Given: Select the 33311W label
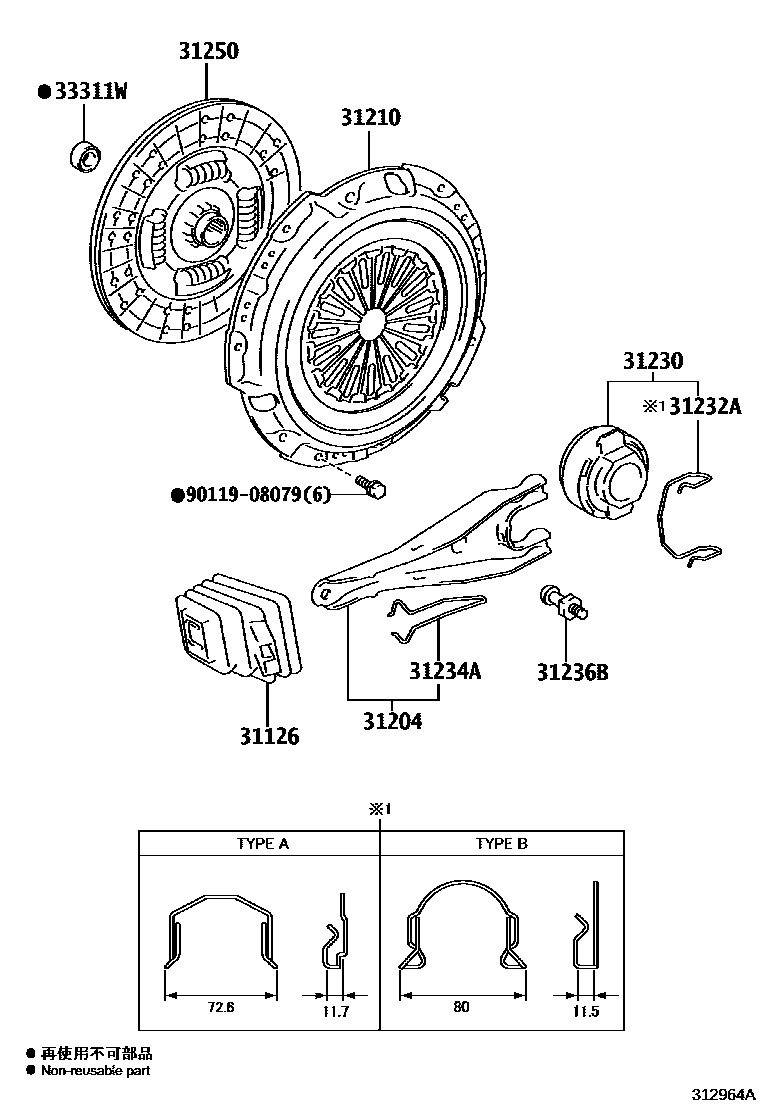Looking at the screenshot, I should coord(89,93).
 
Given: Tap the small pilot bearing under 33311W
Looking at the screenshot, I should coord(84,156).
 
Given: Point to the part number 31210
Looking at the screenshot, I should coord(369,118).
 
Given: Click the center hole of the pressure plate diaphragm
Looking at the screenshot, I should coord(369,321).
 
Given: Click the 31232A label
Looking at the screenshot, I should coord(705,406).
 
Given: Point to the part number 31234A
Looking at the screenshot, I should coord(444,671).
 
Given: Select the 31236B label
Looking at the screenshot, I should coord(571,673).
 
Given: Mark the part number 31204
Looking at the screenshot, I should coord(392,720).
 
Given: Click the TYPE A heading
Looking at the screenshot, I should coord(262,843).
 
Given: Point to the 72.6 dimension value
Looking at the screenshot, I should coord(220,1007).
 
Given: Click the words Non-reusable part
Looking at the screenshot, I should coord(95,1070).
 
